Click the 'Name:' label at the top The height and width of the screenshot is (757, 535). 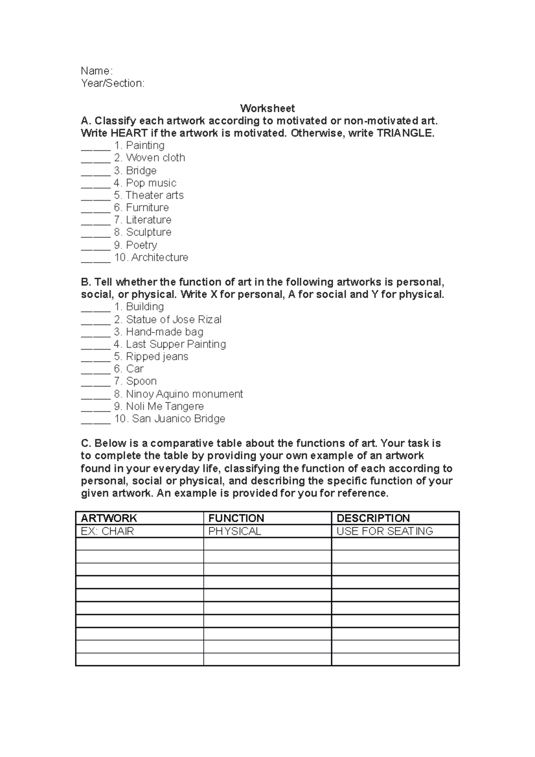point(97,71)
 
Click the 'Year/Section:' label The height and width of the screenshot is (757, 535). point(112,83)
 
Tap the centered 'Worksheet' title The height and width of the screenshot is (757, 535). point(267,108)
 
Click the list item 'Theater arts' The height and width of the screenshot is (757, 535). point(154,195)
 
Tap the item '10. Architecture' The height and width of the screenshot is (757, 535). point(152,257)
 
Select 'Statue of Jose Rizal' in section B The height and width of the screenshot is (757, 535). point(173,319)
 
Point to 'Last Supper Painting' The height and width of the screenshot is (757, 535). point(176,344)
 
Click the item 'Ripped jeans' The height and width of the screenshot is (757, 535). point(157,357)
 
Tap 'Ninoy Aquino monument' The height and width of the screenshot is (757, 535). point(184,394)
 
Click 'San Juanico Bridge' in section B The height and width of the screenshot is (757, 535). point(178,419)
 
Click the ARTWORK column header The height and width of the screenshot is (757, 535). point(109,518)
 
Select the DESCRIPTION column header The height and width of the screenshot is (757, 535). point(373,518)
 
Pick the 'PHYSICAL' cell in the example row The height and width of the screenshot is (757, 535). point(235,531)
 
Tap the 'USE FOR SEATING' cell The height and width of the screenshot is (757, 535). point(385,531)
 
